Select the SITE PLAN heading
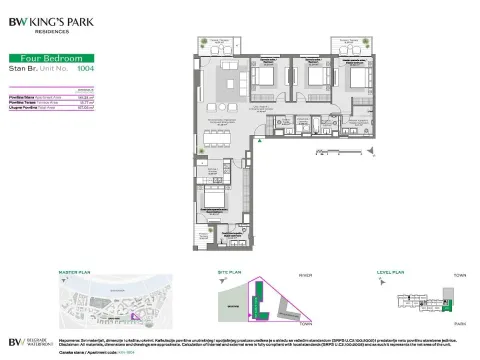pos(231,271)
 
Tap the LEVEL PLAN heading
pos(389,271)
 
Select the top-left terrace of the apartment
pos(220,45)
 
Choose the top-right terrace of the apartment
pos(349,45)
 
